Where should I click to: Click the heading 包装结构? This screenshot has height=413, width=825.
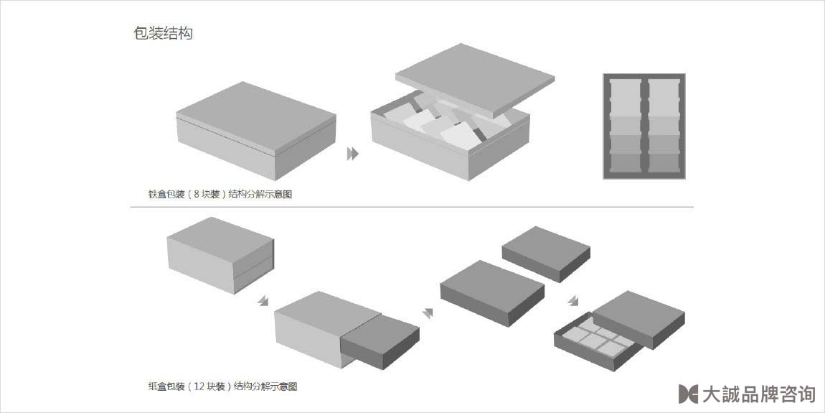[163, 33]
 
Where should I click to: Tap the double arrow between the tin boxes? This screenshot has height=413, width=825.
[352, 154]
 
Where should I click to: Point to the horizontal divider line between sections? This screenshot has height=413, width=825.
[412, 207]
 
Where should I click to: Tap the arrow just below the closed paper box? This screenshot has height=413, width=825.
[263, 300]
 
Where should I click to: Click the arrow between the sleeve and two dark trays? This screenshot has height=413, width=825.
[429, 312]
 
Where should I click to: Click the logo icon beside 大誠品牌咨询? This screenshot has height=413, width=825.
[687, 394]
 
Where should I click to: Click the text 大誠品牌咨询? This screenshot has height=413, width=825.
[758, 394]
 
